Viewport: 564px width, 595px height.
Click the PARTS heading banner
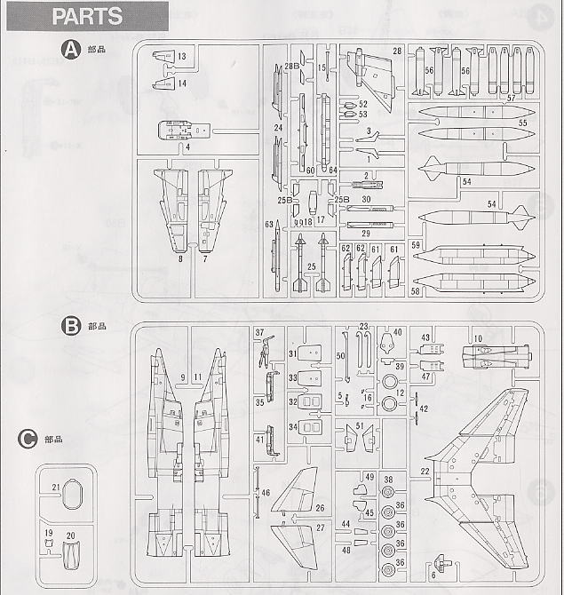(x=87, y=16)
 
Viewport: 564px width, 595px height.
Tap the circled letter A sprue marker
(x=70, y=50)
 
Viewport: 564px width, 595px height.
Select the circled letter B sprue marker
(x=71, y=326)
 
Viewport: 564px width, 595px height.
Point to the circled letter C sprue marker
(x=28, y=438)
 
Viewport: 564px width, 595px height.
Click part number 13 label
(x=181, y=57)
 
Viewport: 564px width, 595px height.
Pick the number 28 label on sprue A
(x=397, y=51)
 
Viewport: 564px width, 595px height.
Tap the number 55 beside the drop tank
(x=522, y=123)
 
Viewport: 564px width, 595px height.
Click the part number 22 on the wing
(x=425, y=471)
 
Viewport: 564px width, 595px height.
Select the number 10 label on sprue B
(x=477, y=338)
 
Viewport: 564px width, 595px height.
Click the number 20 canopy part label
(x=70, y=535)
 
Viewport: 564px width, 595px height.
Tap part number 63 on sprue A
(x=266, y=226)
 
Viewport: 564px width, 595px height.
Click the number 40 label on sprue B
(x=397, y=332)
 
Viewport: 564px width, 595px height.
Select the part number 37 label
(x=260, y=333)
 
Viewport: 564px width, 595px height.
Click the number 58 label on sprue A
(x=416, y=291)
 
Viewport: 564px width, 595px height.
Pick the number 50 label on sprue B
(x=340, y=356)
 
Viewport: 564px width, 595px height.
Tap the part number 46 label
(x=266, y=492)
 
